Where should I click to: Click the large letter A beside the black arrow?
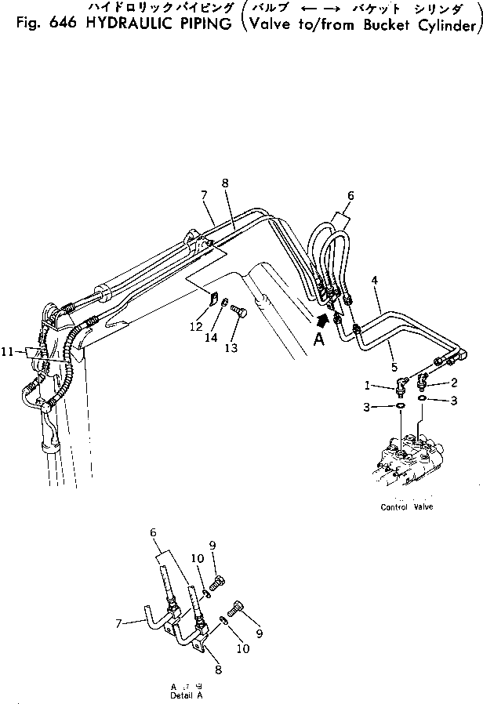point(317,339)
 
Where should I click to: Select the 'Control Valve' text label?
point(406,507)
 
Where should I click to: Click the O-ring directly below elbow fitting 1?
point(400,406)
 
